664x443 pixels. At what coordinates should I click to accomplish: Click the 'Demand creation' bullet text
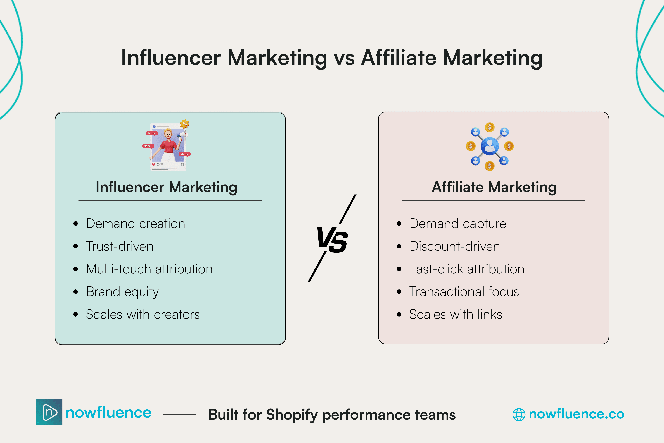(x=136, y=224)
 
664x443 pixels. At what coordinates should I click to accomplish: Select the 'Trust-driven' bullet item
(x=119, y=246)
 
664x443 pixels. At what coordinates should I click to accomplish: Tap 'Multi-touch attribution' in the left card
(x=149, y=269)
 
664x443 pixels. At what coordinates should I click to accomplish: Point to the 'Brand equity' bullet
(x=122, y=292)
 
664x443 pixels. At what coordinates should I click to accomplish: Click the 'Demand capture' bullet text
(x=458, y=224)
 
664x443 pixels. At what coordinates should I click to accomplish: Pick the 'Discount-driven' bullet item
(x=454, y=246)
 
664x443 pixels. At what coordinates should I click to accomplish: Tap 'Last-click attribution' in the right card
(x=467, y=269)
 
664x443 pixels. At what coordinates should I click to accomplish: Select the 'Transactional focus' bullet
(x=464, y=292)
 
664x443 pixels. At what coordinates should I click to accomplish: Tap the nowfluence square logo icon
(x=49, y=412)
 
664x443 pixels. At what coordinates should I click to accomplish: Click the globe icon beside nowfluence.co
(x=519, y=414)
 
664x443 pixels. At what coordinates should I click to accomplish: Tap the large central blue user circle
(x=490, y=146)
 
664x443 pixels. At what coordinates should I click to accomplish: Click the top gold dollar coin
(x=490, y=127)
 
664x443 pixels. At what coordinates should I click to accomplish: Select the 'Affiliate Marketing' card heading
(x=494, y=187)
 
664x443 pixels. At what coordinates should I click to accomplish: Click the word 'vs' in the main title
(x=344, y=59)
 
